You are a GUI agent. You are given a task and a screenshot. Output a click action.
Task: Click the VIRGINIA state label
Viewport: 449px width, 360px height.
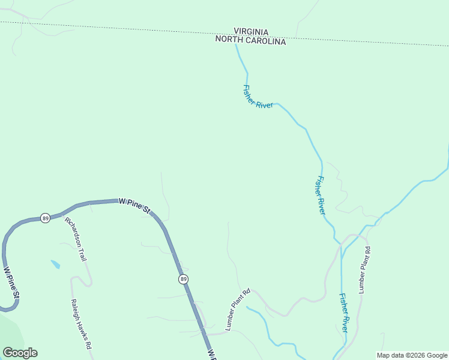[x=251, y=32]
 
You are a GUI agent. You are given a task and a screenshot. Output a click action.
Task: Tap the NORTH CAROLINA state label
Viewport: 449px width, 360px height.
[x=251, y=41]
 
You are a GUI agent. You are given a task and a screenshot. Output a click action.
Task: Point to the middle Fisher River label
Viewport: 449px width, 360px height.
[x=321, y=196]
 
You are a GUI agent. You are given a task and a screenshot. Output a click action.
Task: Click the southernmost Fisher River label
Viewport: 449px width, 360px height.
[x=343, y=313]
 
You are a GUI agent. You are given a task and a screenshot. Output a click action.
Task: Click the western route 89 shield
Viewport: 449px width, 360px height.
[x=45, y=218]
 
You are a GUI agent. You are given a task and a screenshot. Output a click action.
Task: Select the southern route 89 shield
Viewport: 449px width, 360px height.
[x=182, y=279]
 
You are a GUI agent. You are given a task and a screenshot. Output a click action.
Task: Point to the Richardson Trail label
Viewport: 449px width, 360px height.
[x=76, y=239]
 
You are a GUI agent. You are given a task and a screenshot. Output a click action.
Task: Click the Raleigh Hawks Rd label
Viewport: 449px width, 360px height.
[x=81, y=324]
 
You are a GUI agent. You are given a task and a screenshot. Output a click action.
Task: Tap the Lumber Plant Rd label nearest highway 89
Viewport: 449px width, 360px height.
[x=237, y=310]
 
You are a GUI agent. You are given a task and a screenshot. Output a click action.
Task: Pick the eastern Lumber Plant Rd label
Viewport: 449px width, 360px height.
[x=364, y=269]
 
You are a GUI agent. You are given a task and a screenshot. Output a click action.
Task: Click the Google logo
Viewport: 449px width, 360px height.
[x=20, y=353]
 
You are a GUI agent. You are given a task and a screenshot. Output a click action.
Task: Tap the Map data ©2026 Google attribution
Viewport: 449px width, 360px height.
[x=412, y=355]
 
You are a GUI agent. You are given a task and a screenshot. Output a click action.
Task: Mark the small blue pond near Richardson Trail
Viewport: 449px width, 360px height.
[x=55, y=264]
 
